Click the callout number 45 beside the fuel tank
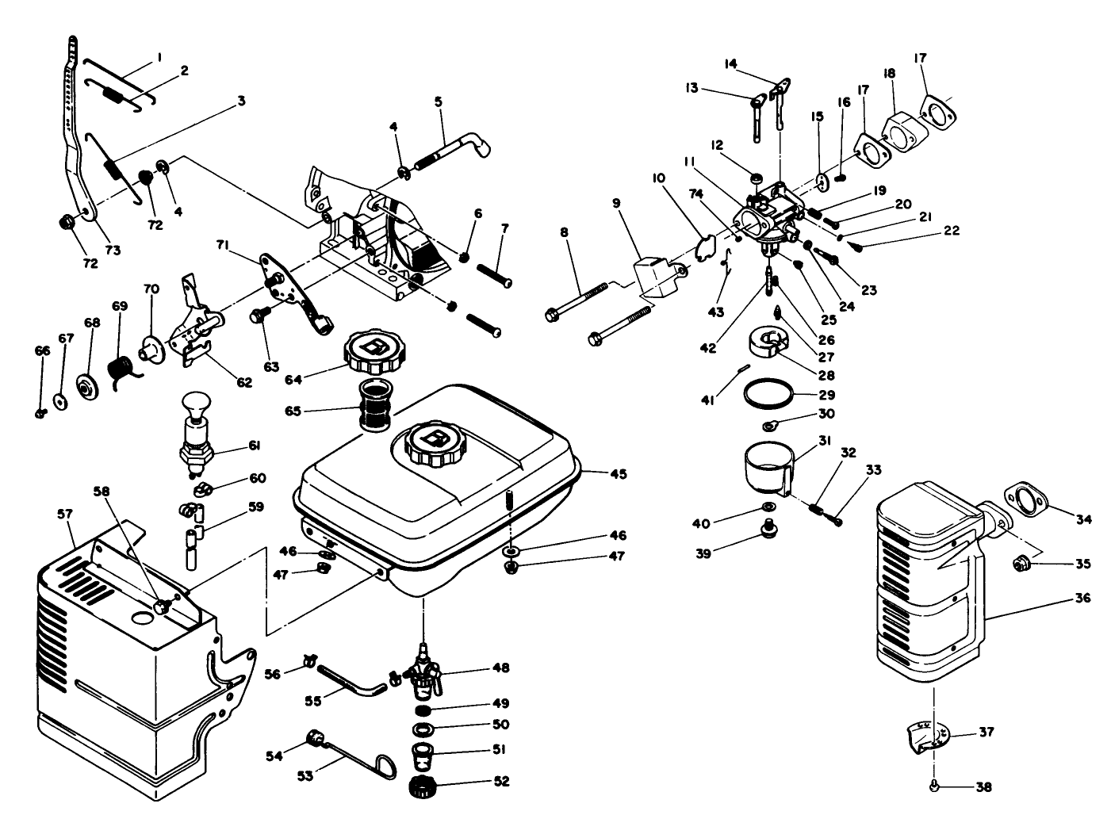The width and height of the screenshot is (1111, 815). tap(619, 474)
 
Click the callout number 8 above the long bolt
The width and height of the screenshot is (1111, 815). tap(564, 233)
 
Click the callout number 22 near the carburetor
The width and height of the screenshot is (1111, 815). tap(952, 231)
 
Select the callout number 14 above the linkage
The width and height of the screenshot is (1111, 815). tap(730, 63)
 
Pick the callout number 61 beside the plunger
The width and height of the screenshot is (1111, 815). tap(255, 446)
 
